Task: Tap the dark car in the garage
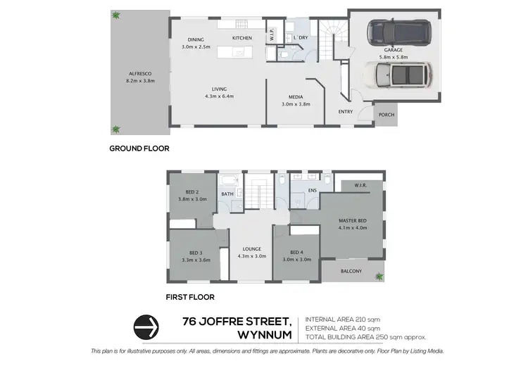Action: coord(398,32)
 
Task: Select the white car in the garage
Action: coord(398,73)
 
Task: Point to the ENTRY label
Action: coord(346,112)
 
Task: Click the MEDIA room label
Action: coord(296,98)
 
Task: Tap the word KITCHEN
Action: coord(242,38)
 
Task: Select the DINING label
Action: coord(196,39)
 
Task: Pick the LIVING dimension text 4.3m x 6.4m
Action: coord(219,96)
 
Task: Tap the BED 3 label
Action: coord(195,253)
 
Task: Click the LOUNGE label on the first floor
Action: coord(252,248)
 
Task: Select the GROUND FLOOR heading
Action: coord(139,148)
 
